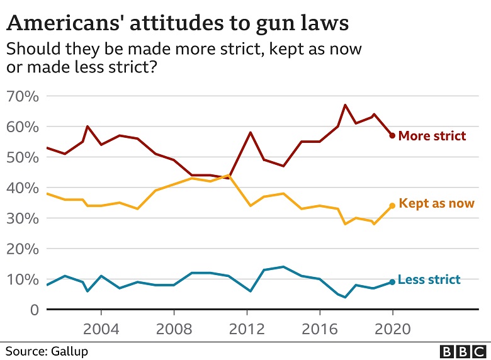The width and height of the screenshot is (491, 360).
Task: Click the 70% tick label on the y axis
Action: point(23,96)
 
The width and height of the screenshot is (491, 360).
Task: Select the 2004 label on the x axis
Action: point(101,329)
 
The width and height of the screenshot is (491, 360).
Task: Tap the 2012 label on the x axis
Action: point(247,329)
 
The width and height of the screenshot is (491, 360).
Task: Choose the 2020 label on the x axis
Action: point(393,329)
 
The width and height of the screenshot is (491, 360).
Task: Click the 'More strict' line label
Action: point(432,136)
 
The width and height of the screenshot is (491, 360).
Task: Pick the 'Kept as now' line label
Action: point(436,203)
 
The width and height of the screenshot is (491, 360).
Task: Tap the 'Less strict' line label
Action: point(429,279)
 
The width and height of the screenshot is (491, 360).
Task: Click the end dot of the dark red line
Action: point(392,135)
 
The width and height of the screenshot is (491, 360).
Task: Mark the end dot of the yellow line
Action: point(392,205)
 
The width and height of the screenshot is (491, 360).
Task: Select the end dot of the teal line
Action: point(392,282)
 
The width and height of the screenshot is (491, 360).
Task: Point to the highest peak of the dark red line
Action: point(345,105)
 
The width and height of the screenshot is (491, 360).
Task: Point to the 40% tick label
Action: point(23,188)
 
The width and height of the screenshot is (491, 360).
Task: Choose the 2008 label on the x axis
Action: point(174,329)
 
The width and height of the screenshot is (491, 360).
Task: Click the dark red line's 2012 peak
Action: point(251,132)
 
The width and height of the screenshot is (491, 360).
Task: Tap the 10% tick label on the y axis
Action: point(23,279)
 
